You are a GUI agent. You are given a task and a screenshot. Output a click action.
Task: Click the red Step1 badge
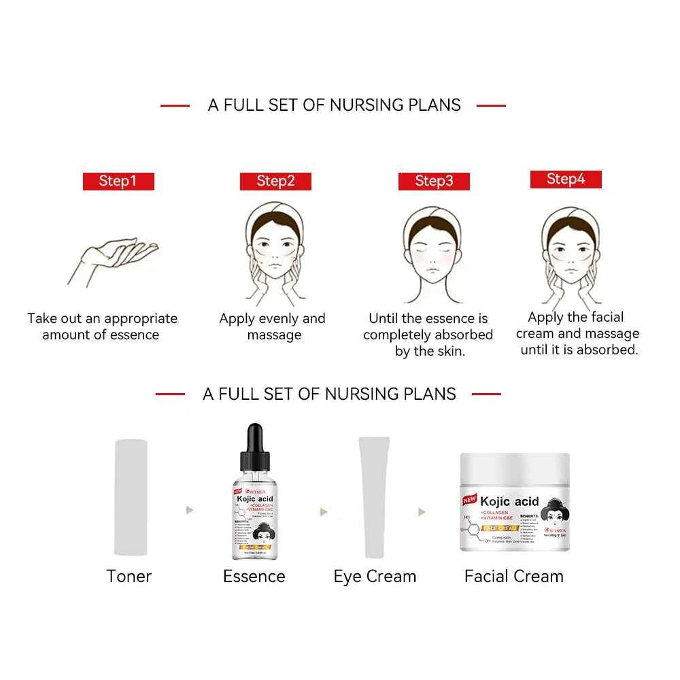(118, 181)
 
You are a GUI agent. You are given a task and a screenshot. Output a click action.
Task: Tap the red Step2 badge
(275, 181)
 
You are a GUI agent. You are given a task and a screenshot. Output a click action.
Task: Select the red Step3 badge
(434, 181)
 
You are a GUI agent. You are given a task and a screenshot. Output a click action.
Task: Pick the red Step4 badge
(566, 179)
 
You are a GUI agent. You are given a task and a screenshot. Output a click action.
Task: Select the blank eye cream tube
(373, 496)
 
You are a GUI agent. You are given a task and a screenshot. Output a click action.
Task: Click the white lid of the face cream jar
(515, 469)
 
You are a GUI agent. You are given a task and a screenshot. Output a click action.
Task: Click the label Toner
(129, 577)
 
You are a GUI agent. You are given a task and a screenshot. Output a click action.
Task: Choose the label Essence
(254, 577)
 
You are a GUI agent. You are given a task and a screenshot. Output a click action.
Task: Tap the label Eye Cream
(375, 577)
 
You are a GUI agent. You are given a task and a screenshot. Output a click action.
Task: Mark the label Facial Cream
(514, 577)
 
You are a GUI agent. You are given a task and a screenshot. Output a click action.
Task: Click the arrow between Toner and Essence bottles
(190, 509)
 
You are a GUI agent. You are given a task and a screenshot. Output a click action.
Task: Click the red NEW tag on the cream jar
(470, 500)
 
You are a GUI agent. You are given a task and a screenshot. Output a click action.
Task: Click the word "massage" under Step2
(274, 335)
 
